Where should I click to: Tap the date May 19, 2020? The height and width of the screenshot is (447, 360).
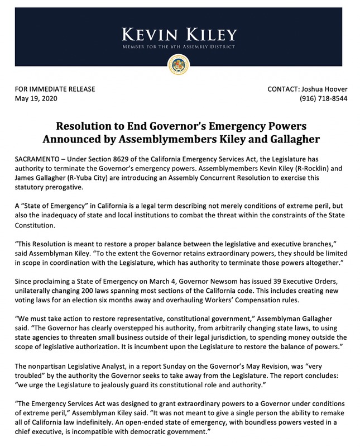(36, 99)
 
